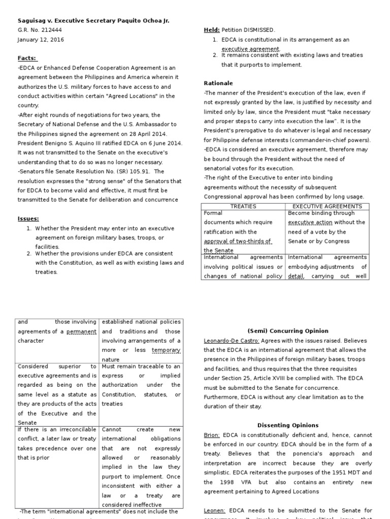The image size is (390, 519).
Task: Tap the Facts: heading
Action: coord(27,58)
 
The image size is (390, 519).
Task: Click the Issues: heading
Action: coord(28,218)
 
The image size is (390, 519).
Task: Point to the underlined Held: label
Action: coord(211,30)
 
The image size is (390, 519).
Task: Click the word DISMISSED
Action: coord(261,30)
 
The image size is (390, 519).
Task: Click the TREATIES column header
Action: coord(243,207)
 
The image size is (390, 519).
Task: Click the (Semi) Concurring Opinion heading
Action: coord(287,331)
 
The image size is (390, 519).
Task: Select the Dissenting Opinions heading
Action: coord(287,425)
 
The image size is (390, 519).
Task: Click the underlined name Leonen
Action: coord(214,510)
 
